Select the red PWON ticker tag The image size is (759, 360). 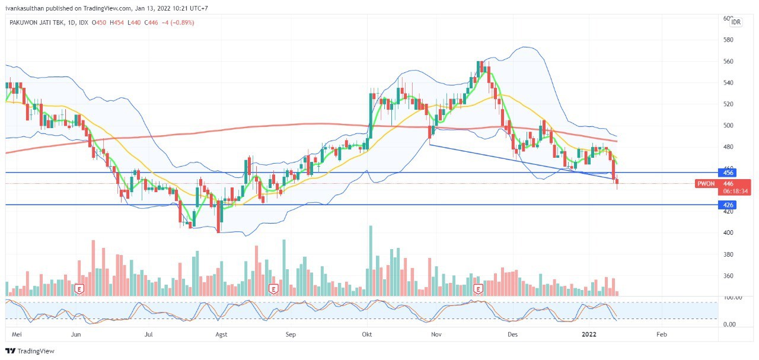click(706, 184)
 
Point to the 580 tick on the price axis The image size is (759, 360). click(728, 40)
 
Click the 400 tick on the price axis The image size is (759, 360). click(728, 232)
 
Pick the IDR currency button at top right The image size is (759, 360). click(735, 22)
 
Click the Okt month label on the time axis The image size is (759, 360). click(366, 334)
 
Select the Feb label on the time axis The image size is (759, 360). click(662, 334)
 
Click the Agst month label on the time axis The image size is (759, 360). click(221, 334)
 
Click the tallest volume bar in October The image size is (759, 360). click(371, 260)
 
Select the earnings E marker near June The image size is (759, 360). click(79, 289)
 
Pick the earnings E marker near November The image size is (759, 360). click(479, 289)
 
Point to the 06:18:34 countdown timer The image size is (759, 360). click(735, 192)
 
